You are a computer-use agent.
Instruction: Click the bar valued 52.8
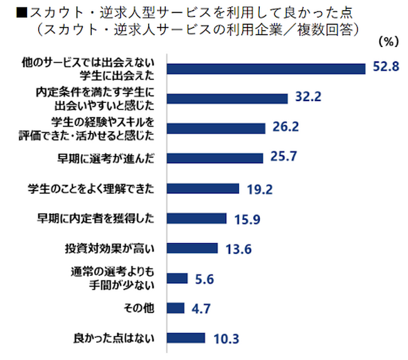[267, 68]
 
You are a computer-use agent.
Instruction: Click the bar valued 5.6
[178, 278]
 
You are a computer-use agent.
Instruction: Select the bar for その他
[176, 308]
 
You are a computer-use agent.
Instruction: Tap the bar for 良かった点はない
[187, 338]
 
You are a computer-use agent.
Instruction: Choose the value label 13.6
[237, 248]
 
